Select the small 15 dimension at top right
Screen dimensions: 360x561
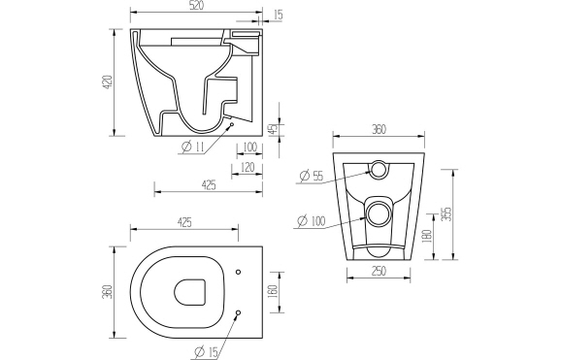pyautogui.click(x=279, y=15)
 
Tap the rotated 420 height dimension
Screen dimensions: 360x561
pyautogui.click(x=108, y=82)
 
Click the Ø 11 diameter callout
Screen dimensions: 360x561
pyautogui.click(x=193, y=147)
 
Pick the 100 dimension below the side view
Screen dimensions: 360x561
pyautogui.click(x=249, y=147)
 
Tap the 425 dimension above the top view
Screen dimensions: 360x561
pyautogui.click(x=184, y=222)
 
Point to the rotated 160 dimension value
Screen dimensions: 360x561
pyautogui.click(x=274, y=289)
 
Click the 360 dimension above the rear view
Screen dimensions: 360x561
pyautogui.click(x=379, y=129)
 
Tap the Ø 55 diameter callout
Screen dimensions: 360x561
pyautogui.click(x=312, y=176)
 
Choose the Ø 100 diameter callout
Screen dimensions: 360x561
pyautogui.click(x=313, y=220)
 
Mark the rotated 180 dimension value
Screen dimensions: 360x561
pyautogui.click(x=426, y=235)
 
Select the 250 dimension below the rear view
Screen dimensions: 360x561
pyautogui.click(x=379, y=273)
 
